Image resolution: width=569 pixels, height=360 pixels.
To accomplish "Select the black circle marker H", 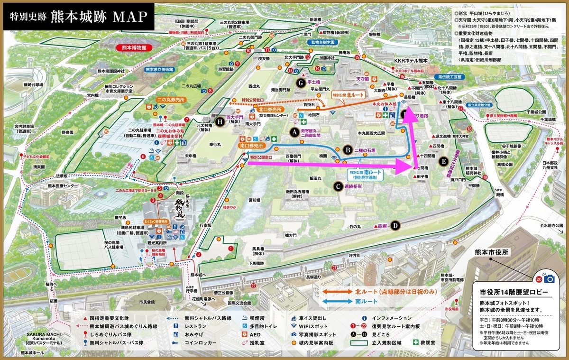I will [219, 122].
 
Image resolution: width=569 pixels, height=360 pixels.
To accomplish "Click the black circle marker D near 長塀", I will [395, 225].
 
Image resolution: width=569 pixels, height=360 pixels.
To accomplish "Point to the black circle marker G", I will [300, 83].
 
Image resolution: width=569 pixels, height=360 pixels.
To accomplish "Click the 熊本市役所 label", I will [488, 252].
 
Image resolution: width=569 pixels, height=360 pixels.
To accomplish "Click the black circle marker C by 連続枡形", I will [338, 186].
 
